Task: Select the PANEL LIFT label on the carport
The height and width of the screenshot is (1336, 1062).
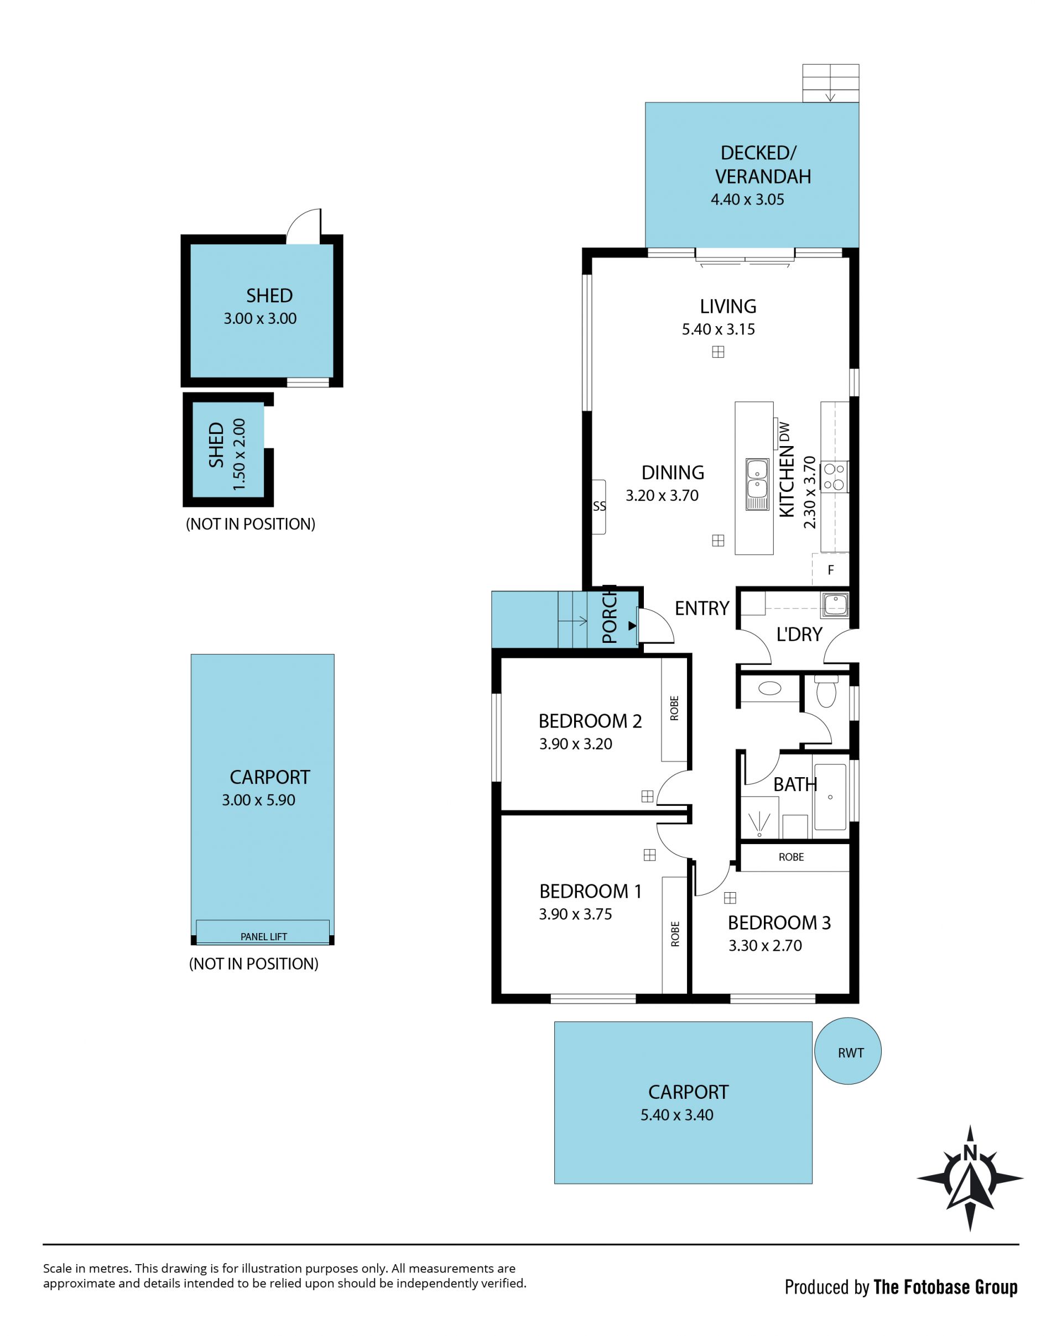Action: (x=263, y=936)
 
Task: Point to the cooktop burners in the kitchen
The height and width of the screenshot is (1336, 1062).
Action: (x=834, y=476)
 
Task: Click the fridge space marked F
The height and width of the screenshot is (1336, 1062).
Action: (x=831, y=569)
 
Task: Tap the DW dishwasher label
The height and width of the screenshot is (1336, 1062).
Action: (x=785, y=431)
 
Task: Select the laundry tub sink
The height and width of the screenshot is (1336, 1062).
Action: (x=835, y=605)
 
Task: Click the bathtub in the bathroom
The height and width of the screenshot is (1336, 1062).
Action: (x=830, y=797)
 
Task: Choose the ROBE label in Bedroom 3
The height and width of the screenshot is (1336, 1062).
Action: (x=791, y=857)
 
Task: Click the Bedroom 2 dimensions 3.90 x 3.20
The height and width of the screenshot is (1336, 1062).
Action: (x=575, y=743)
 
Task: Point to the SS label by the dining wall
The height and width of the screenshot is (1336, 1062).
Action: (x=599, y=506)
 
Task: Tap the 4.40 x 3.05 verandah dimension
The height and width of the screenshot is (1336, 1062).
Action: (x=747, y=200)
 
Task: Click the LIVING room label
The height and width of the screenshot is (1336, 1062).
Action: (x=728, y=306)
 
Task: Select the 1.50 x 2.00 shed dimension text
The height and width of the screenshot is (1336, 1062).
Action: (x=240, y=454)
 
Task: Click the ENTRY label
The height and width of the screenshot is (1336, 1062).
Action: (x=702, y=609)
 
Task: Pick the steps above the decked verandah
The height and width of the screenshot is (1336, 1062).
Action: (x=831, y=83)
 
